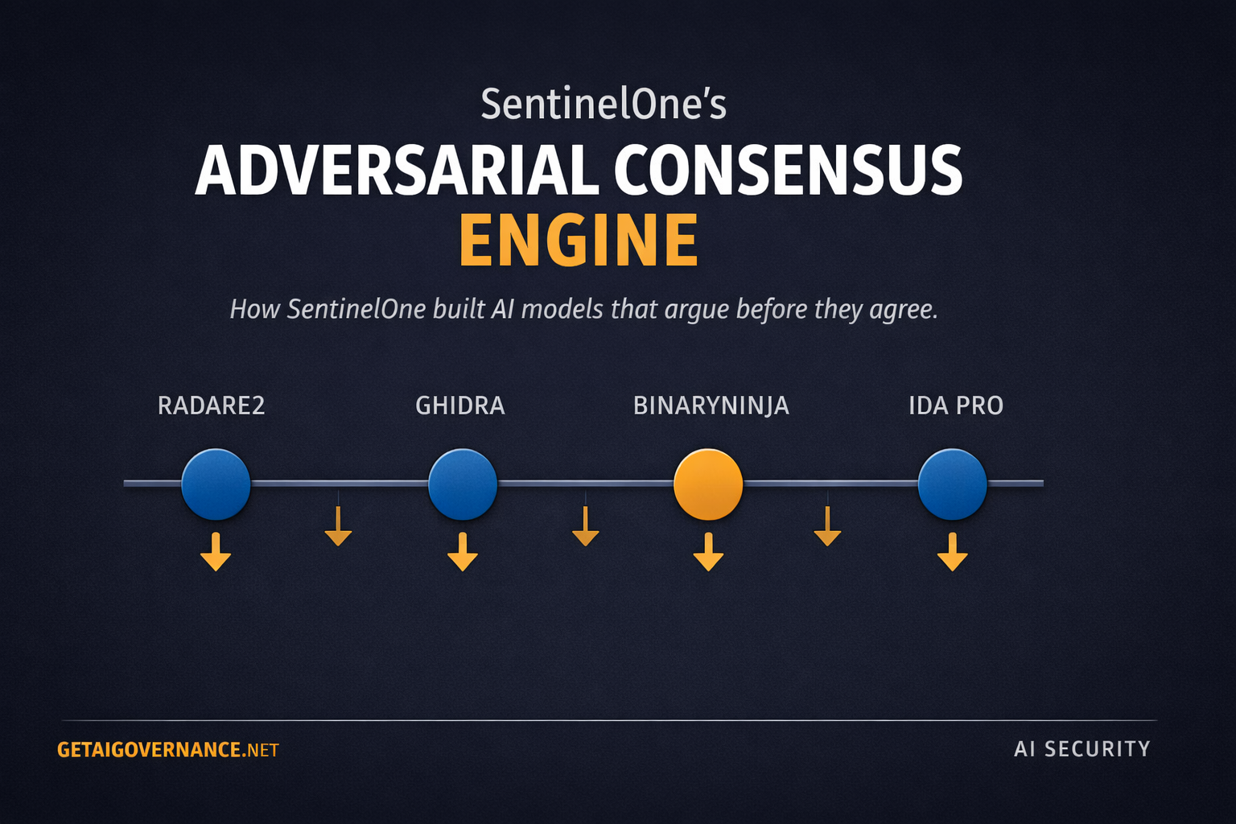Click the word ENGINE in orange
coord(578,240)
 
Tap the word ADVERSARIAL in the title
coord(398,171)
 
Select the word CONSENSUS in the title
coord(788,171)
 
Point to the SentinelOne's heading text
coord(604,105)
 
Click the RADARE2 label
coord(211,406)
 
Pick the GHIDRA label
coord(460,406)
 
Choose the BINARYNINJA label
coord(711,406)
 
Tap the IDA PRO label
coord(955,406)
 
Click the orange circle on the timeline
coord(708,484)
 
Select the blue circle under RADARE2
coord(216,484)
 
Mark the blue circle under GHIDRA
coord(462,484)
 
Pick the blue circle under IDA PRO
coord(952,484)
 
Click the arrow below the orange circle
coord(708,553)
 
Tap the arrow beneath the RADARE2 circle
coord(216,553)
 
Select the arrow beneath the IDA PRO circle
coord(952,553)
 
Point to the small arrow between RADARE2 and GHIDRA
coord(338,528)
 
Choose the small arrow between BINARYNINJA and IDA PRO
coord(827,528)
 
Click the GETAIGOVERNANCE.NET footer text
coord(167,750)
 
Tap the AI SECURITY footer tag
coord(1081,749)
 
